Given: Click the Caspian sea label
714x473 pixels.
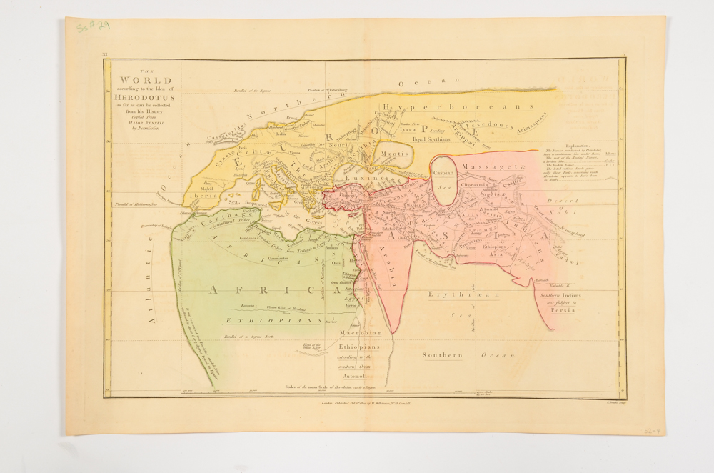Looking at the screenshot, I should coord(446,173).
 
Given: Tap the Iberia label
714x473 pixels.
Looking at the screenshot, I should coord(202,194).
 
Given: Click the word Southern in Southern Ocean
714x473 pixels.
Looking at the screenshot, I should coord(442,355).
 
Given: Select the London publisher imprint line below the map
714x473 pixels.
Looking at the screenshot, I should coord(366,403).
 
